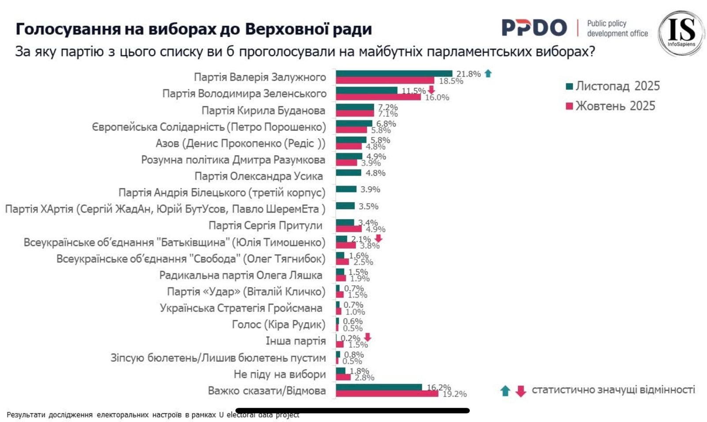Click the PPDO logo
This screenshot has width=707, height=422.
tap(534, 28)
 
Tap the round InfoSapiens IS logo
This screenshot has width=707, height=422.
tap(681, 33)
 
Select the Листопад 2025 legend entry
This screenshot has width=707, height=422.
tap(613, 86)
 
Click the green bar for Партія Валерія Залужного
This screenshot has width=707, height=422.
tap(394, 73)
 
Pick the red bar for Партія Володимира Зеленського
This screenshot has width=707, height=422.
tap(378, 97)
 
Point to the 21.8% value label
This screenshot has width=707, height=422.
tap(468, 74)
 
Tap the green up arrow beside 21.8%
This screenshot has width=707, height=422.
tap(488, 73)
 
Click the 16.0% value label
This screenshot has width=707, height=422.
tap(437, 97)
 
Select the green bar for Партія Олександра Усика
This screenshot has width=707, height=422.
tap(348, 173)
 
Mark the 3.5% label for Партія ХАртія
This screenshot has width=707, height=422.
tap(369, 206)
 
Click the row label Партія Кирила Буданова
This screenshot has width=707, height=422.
tap(263, 111)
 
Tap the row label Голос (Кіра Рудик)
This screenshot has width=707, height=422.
tap(278, 325)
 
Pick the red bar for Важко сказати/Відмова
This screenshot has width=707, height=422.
tap(387, 394)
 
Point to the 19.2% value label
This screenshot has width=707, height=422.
tap(454, 394)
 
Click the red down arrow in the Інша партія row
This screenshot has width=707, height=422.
tap(367, 338)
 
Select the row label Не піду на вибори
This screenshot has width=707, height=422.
tap(279, 374)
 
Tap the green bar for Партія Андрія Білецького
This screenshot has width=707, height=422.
tap(346, 189)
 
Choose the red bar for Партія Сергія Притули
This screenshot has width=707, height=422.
tap(348, 229)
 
